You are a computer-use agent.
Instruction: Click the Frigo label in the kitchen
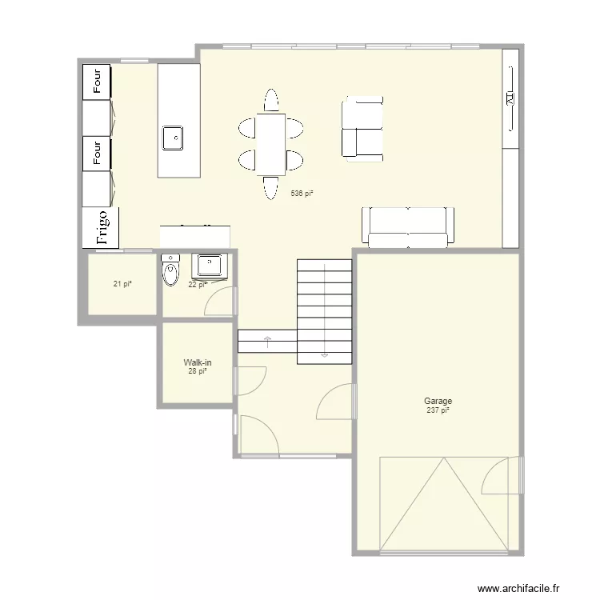pyautogui.click(x=102, y=227)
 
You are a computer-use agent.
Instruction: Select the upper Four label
pyautogui.click(x=98, y=82)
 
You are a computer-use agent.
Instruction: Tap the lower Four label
pyautogui.click(x=98, y=152)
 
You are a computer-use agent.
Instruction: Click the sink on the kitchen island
pyautogui.click(x=173, y=138)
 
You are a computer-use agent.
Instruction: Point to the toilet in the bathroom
pyautogui.click(x=170, y=273)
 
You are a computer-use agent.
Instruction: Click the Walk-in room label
pyautogui.click(x=198, y=362)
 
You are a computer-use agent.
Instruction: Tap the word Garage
pyautogui.click(x=438, y=402)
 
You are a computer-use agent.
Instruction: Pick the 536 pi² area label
pyautogui.click(x=302, y=194)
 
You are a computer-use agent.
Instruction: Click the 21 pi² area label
pyautogui.click(x=122, y=283)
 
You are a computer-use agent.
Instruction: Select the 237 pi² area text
pyautogui.click(x=438, y=410)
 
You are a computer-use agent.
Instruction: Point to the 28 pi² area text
pyautogui.click(x=198, y=371)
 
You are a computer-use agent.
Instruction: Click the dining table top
pyautogui.click(x=270, y=144)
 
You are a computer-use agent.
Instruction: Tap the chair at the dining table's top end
pyautogui.click(x=270, y=101)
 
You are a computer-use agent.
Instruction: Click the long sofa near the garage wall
pyautogui.click(x=408, y=226)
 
